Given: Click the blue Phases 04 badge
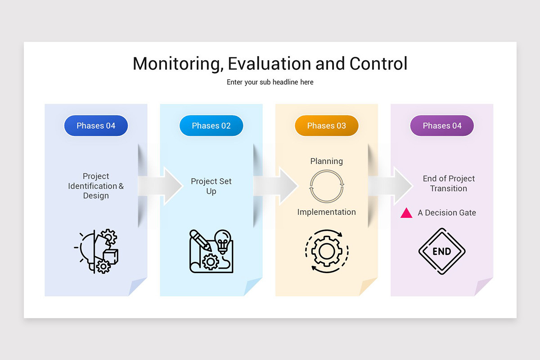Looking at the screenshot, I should (x=96, y=126).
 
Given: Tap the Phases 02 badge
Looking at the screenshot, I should (x=211, y=126).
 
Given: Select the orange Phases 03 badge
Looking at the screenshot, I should (x=326, y=126).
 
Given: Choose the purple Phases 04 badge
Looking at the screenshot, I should (x=442, y=126).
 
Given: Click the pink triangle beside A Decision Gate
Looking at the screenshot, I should (x=406, y=213).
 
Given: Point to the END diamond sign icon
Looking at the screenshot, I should (x=441, y=252).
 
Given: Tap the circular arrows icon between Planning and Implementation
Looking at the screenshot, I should (x=327, y=186).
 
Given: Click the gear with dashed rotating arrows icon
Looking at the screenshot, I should (x=327, y=252).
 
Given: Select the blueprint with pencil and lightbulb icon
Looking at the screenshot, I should (x=211, y=252).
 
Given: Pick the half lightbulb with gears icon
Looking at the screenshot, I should (x=96, y=252).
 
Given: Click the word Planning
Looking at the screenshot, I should (x=327, y=161).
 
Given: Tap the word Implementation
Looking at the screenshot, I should (x=327, y=212).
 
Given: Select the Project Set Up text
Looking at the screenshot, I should (x=211, y=186).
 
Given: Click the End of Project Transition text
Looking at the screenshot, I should (x=449, y=184).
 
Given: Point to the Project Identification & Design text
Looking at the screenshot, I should (x=96, y=186).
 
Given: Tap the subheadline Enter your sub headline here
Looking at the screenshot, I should (x=270, y=82).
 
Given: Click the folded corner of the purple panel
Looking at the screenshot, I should (x=484, y=287).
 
